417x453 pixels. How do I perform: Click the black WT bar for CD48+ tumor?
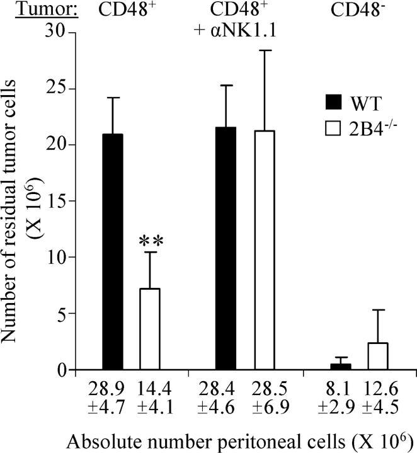point(113,252)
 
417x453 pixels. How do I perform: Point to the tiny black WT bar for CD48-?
point(341,367)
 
